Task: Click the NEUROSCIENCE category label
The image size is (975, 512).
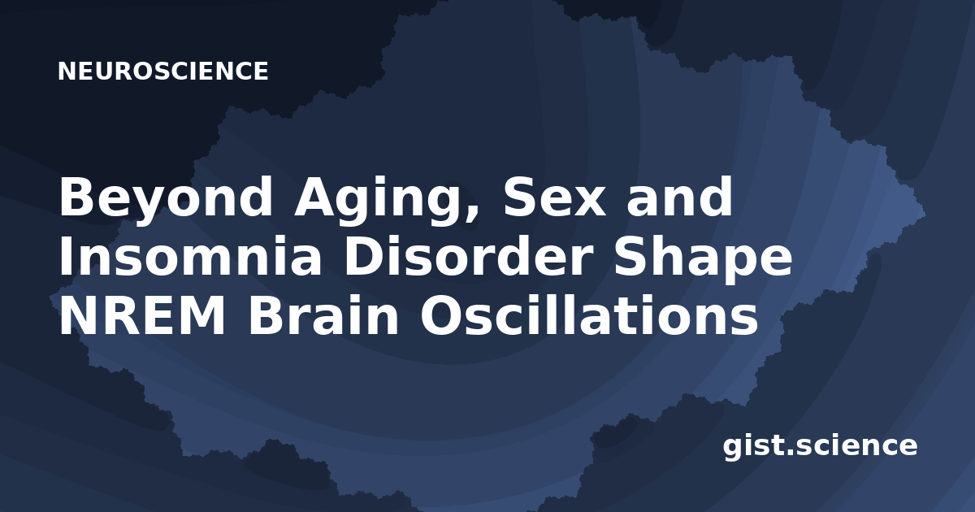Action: [162, 72]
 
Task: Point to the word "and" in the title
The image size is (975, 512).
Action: [679, 196]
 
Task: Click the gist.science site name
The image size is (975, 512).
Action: [820, 447]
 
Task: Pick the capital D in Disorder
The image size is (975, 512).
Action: [364, 257]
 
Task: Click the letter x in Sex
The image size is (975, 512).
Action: [589, 202]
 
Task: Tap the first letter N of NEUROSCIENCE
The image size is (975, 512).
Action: [66, 72]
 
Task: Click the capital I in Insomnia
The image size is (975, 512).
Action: [65, 257]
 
